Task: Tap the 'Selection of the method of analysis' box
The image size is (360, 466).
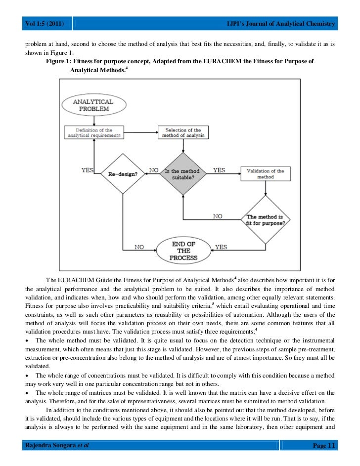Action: click(183, 132)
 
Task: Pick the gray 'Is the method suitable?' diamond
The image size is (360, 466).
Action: click(183, 174)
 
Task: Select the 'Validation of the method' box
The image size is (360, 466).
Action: click(266, 174)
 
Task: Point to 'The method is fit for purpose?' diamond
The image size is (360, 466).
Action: click(266, 219)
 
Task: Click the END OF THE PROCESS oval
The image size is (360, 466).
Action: click(183, 251)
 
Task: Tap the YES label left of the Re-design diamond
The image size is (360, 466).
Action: click(88, 170)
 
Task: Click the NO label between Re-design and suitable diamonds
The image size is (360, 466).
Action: click(153, 170)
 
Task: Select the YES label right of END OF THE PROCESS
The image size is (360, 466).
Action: click(221, 247)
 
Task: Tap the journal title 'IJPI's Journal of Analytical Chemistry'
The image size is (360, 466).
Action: click(280, 24)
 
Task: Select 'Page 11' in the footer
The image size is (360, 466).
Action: click(324, 446)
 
